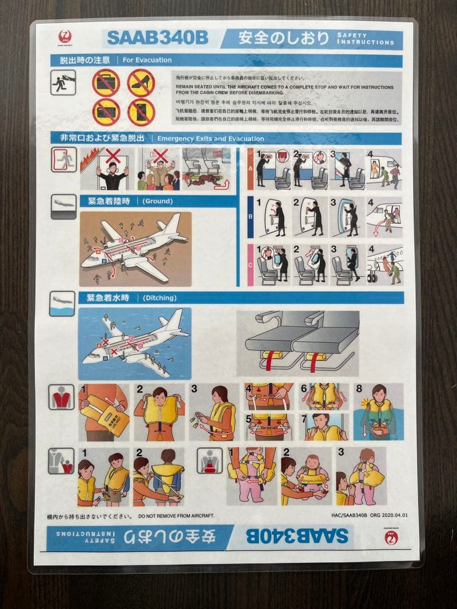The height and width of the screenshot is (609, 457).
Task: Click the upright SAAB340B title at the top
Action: pos(157,38)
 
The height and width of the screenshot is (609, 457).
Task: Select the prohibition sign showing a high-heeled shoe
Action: pos(141,82)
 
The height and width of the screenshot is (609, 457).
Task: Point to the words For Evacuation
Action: pos(139,60)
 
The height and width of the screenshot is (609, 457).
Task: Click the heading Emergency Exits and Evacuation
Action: pos(210,138)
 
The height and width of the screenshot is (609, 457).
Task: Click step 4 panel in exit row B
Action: pos(384,217)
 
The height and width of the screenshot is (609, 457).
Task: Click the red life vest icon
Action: pos(61,397)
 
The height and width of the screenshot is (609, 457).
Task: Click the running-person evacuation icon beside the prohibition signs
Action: pos(63,82)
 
